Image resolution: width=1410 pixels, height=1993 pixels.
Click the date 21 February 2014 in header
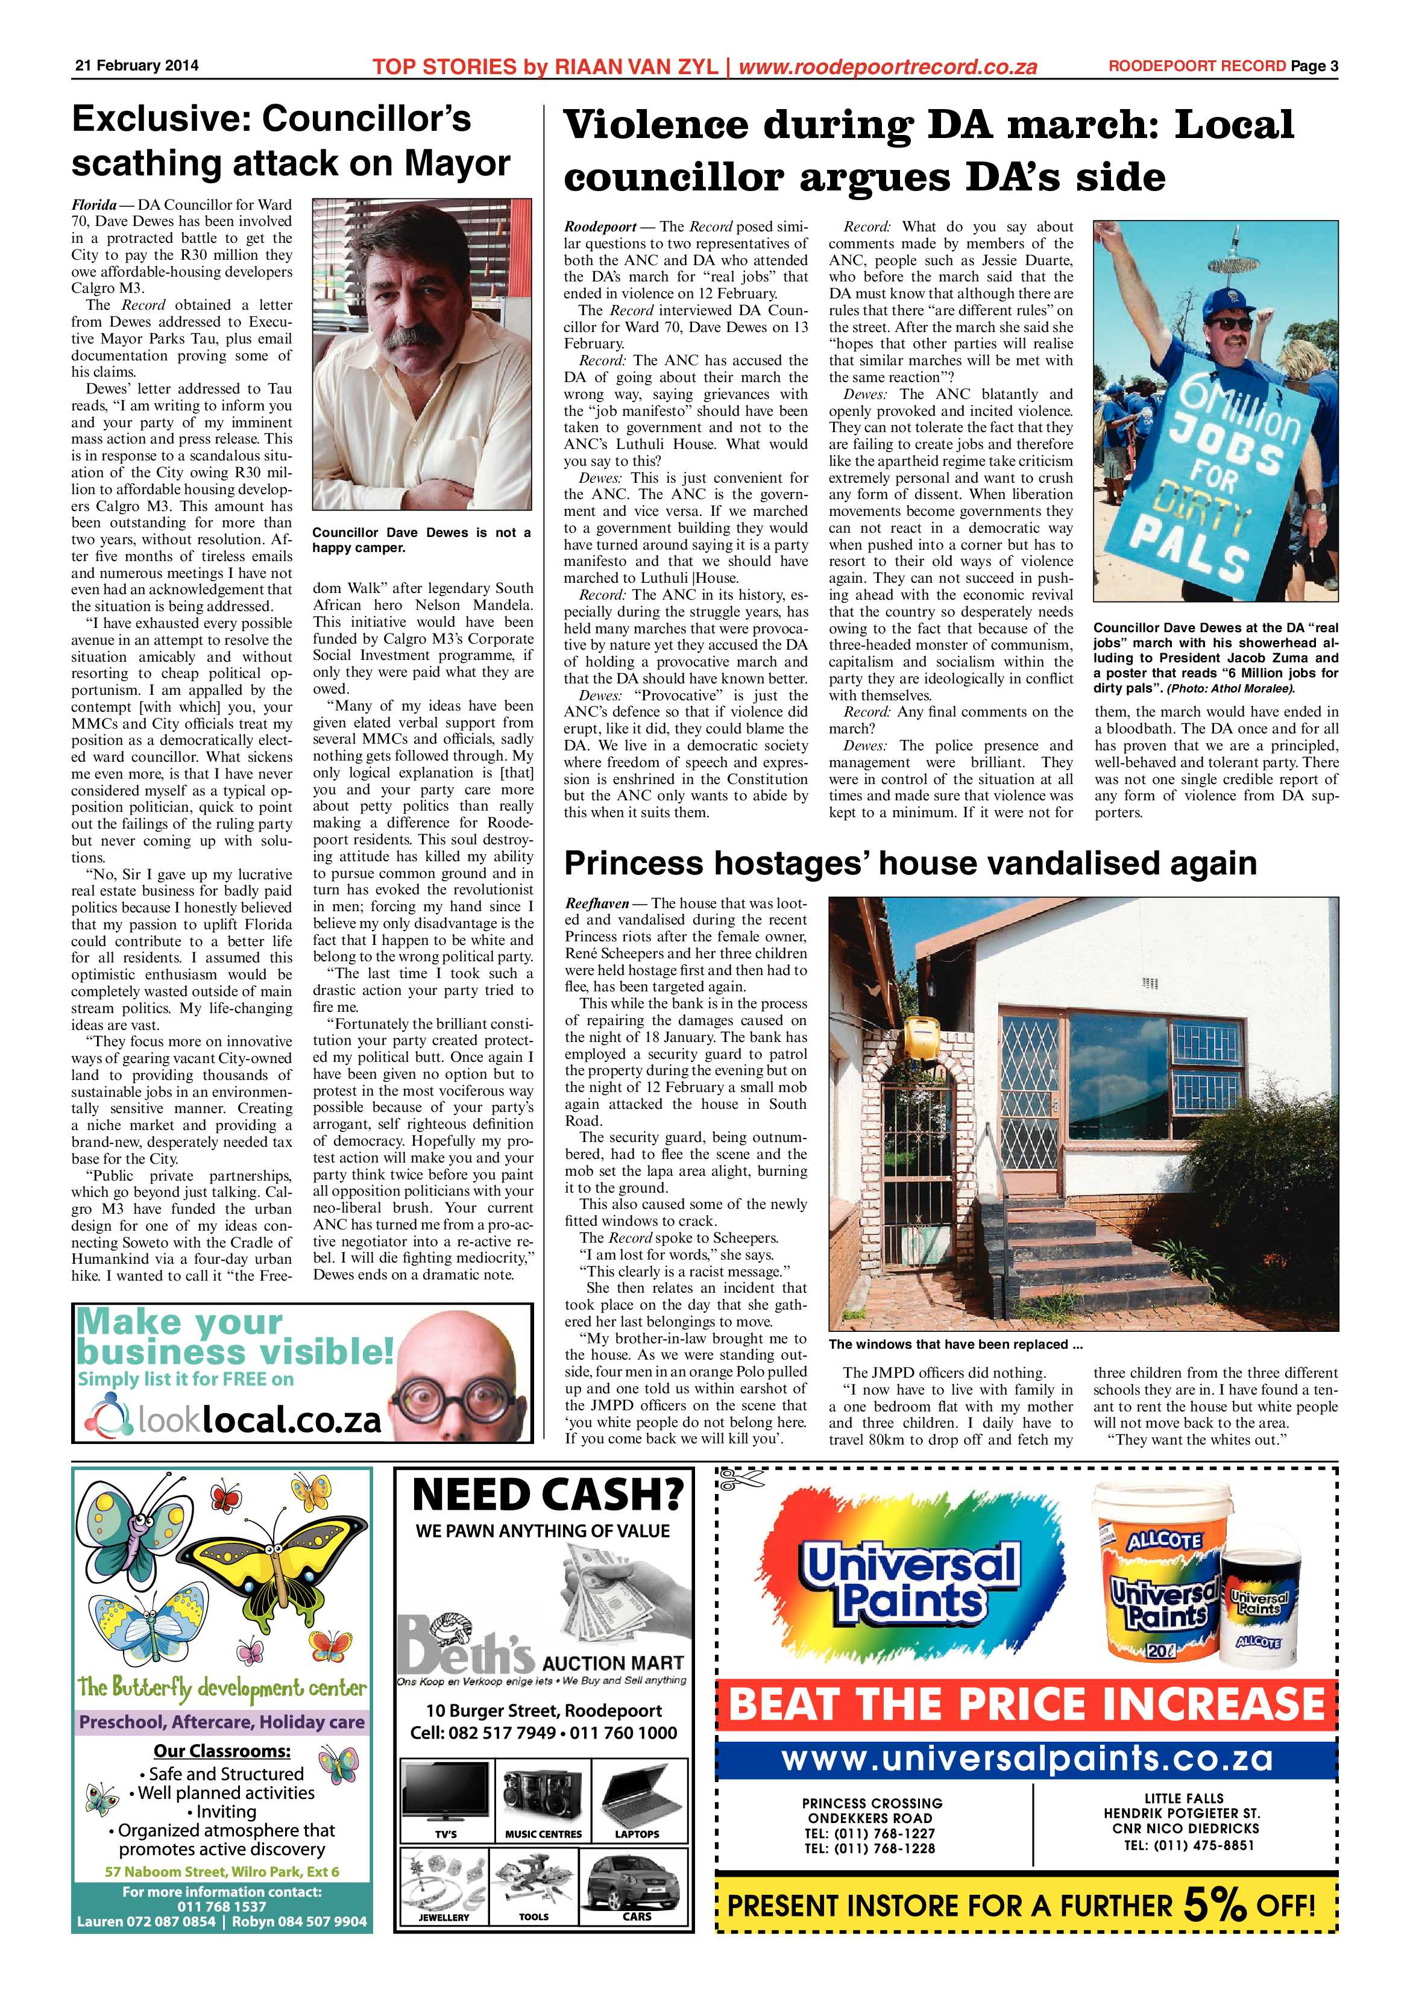pyautogui.click(x=136, y=66)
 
